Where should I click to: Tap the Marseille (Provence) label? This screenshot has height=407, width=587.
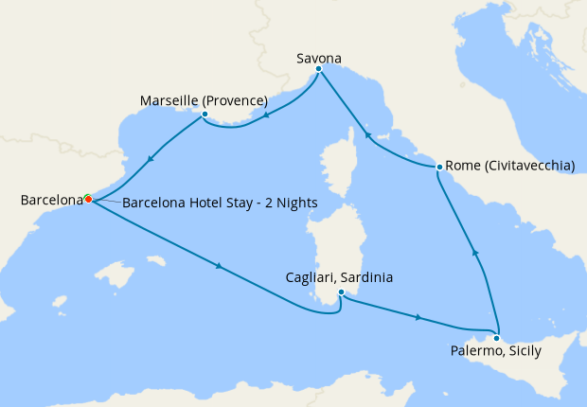coord(204,100)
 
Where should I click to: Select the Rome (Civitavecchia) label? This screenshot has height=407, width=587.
coord(509,166)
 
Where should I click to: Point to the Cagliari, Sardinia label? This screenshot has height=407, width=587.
coord(339,278)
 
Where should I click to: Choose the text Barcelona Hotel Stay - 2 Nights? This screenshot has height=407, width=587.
coord(220,203)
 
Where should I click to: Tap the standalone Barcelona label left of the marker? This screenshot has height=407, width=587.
coord(51,201)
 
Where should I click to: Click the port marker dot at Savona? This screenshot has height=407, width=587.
coord(319,69)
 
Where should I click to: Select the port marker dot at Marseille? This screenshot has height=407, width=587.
coord(204,115)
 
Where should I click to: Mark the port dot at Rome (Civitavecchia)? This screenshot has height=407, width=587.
coord(439,168)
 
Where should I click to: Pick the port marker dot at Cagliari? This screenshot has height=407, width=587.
coord(340,293)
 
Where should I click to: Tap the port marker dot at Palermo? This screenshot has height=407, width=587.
coord(496,338)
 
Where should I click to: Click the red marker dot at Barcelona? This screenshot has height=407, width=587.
coord(88,199)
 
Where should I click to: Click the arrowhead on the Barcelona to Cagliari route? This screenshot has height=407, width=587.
coord(220,266)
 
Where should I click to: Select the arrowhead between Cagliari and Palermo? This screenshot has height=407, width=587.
coord(418,318)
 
